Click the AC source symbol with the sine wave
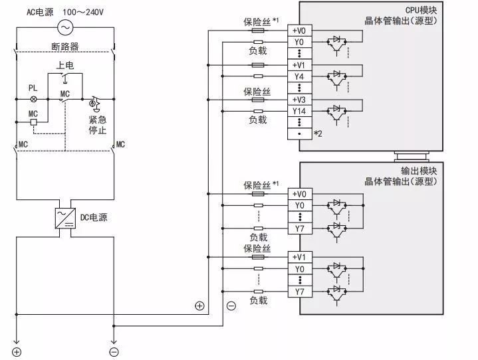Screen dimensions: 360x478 click(x=65, y=27)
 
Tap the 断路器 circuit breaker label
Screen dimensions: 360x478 click(x=64, y=46)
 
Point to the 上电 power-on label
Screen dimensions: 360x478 click(x=64, y=65)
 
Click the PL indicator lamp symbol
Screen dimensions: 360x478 click(x=33, y=99)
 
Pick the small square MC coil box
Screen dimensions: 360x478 click(x=33, y=124)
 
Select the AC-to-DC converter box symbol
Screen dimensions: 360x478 click(x=65, y=217)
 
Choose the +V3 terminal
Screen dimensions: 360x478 click(x=299, y=100)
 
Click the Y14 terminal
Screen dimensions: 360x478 click(x=299, y=111)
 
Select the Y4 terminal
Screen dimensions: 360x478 click(x=299, y=76)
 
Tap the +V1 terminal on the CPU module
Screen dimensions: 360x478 click(x=299, y=65)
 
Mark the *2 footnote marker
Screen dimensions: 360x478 click(x=318, y=134)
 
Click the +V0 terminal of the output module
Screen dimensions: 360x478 click(x=299, y=194)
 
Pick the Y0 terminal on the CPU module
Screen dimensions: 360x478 click(x=299, y=42)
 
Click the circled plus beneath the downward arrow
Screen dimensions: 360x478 click(x=17, y=351)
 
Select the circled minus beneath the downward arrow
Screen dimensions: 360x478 click(x=114, y=351)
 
